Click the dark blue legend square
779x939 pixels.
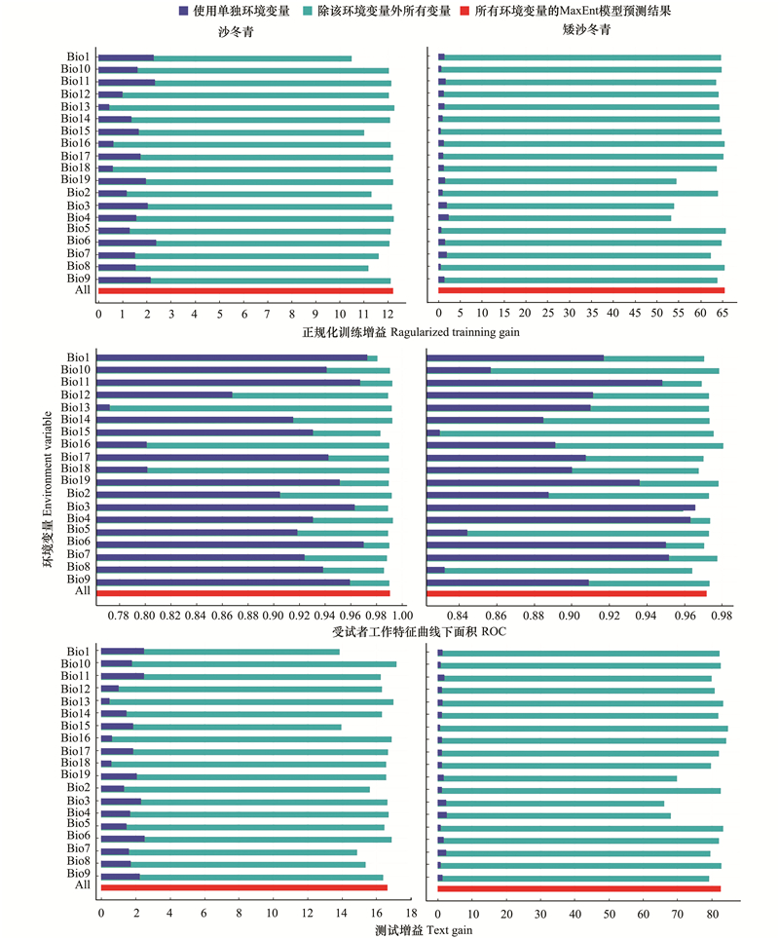184,11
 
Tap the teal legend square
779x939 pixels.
309,11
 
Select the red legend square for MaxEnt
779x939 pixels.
464,11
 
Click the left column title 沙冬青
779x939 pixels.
236,32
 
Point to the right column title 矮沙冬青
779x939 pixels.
586,29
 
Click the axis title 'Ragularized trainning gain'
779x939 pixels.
455,332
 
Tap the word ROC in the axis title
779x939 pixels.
494,632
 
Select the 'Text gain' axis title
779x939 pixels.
449,930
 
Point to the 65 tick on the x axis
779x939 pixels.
723,313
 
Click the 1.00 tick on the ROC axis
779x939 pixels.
402,615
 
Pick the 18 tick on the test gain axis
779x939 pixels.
411,914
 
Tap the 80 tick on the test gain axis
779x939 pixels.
713,914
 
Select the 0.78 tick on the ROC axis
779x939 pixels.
119,615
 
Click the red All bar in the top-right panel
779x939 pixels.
581,290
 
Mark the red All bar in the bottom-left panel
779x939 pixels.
243,887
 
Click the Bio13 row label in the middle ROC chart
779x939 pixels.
75,407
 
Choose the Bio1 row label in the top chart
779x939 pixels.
79,56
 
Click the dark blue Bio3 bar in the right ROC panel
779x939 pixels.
561,507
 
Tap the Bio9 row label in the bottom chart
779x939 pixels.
79,873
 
